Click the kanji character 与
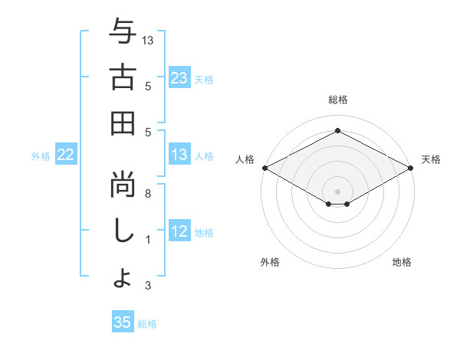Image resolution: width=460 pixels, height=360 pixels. pos(123,33)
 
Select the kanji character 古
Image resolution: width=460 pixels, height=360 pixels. pos(123,77)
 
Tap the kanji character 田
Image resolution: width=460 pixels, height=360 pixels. pos(123,123)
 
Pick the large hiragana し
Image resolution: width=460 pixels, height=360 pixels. pos(123,231)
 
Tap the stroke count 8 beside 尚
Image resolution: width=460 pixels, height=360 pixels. pos(149,194)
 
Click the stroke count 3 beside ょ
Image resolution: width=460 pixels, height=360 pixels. pos(149,286)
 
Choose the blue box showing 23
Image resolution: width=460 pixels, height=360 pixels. pos(179,77)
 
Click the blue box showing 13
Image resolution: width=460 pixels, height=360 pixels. pos(179,155)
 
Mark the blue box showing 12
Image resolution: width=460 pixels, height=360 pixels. pos(179,232)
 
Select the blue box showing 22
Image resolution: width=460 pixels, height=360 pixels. pos(66,155)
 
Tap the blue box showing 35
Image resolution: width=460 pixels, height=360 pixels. pos(123,322)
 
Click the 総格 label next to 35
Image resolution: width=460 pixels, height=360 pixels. pos(147,324)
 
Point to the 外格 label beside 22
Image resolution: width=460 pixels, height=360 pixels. pos(41,156)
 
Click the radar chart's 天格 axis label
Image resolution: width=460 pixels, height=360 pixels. pos(431,159)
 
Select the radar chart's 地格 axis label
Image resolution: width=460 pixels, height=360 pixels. pos(402,262)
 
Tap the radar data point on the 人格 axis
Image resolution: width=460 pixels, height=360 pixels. pos(264,168)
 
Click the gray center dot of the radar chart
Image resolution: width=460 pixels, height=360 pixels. pos(337,191)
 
